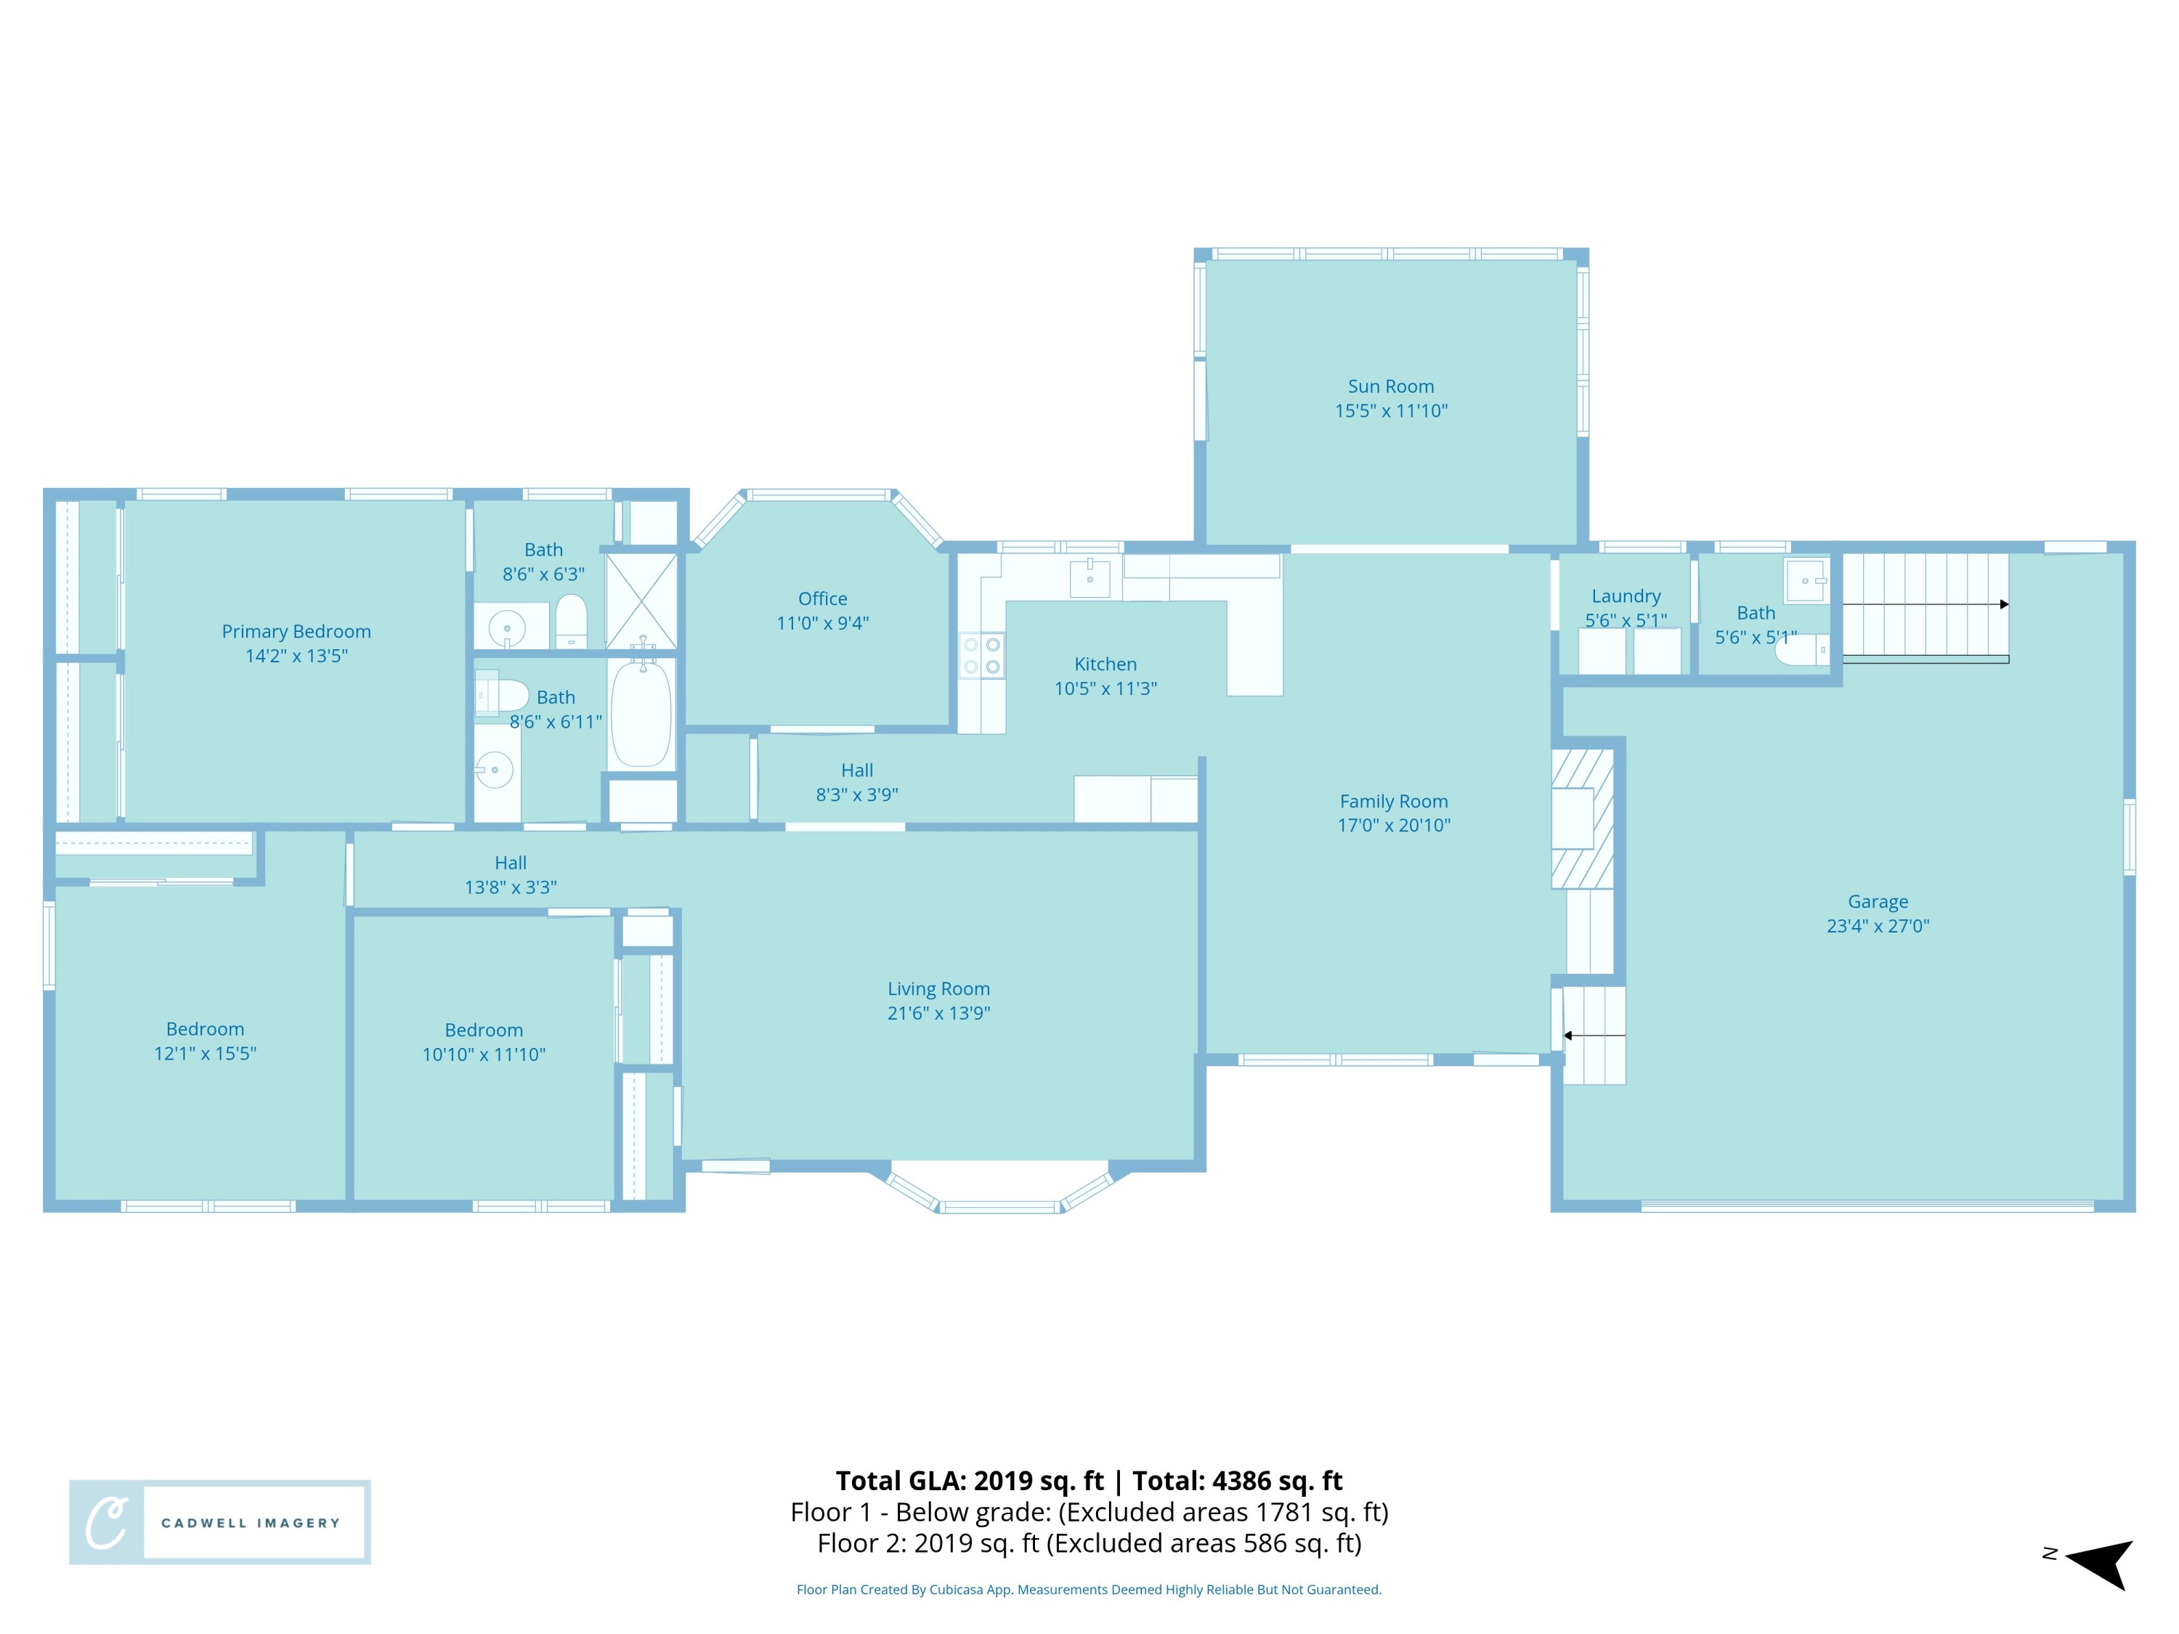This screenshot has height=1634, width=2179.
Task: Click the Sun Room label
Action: point(1390,386)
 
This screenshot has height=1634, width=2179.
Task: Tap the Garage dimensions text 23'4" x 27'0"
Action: point(1877,926)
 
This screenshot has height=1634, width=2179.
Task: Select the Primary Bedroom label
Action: point(296,631)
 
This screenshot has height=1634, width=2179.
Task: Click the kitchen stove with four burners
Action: point(981,656)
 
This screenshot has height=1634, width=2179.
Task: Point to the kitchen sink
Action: point(1089,578)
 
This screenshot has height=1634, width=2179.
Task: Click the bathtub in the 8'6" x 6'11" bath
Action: point(641,713)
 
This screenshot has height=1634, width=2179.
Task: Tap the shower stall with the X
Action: point(641,601)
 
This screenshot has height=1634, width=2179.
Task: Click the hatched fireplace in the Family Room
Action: point(1582,818)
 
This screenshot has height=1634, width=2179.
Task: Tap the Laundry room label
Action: point(1626,596)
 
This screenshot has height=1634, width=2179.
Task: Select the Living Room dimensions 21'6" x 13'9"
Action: point(938,1012)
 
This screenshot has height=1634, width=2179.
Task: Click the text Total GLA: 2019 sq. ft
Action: point(970,1480)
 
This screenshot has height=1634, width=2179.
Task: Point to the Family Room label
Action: point(1393,801)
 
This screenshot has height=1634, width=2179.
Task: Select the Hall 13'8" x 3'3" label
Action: point(511,863)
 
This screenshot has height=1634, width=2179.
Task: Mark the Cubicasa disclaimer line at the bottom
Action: point(1089,1589)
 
